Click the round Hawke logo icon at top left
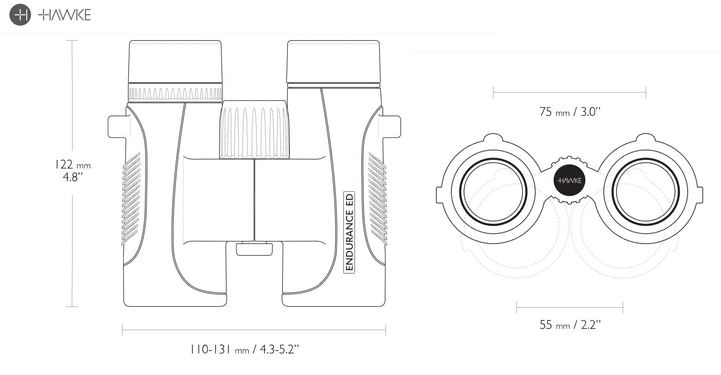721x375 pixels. pos(20,15)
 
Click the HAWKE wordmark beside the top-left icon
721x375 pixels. pos(65,15)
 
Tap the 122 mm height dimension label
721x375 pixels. pos(73,170)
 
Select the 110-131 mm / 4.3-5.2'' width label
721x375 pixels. pos(244,349)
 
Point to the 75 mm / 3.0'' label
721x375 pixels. pos(570,112)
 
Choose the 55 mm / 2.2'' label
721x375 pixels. pos(570,325)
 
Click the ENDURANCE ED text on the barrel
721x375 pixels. pos(349,232)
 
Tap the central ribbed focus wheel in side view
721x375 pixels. pos(254,130)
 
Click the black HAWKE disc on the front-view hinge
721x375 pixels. pos(569,180)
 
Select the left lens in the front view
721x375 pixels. pos(493,192)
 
